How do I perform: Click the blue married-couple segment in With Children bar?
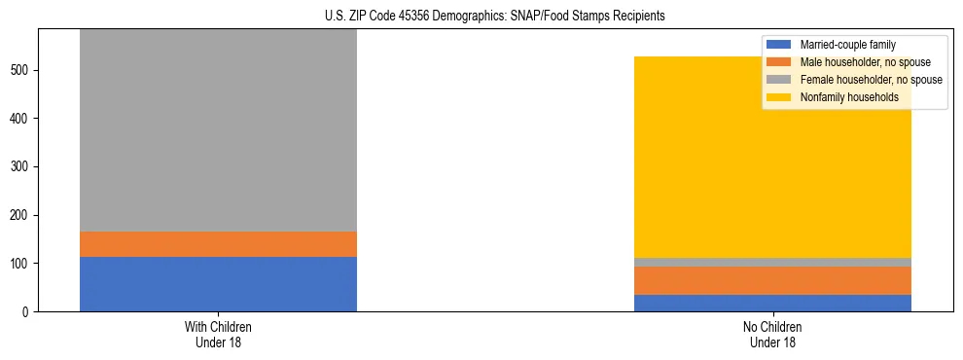pos(218,284)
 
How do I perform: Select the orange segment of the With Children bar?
pos(218,244)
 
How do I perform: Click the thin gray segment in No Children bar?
pos(772,263)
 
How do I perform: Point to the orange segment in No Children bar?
pos(772,280)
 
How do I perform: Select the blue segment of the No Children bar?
pos(772,303)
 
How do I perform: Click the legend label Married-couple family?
pos(847,45)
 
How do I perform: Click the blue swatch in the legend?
pos(779,45)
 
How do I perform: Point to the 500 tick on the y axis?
pos(22,70)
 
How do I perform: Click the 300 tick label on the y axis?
pos(22,167)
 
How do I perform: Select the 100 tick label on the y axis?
pos(22,264)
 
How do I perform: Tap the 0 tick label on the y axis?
pos(28,312)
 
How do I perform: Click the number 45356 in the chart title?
pos(412,17)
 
